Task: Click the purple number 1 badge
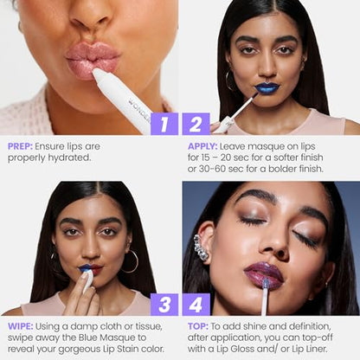click(x=164, y=123)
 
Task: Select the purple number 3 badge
click(x=164, y=304)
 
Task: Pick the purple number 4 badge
click(x=196, y=304)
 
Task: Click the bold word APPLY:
click(x=203, y=146)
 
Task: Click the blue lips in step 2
click(x=267, y=87)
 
